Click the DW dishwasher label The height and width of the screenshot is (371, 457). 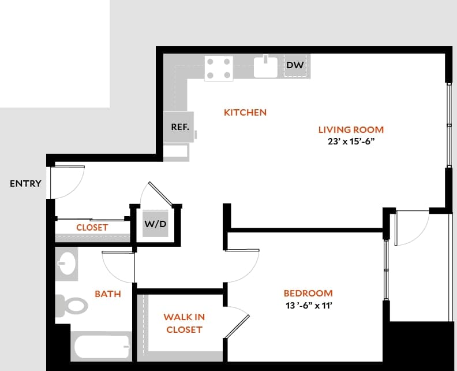click(295, 65)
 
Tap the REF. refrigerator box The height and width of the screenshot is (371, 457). click(179, 127)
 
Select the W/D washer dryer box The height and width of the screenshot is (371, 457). click(156, 224)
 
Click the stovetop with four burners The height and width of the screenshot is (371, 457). click(219, 68)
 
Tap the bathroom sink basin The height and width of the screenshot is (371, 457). click(67, 263)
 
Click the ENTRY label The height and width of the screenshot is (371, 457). click(25, 184)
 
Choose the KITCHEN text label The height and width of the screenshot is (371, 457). click(245, 112)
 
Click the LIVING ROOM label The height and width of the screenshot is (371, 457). click(351, 129)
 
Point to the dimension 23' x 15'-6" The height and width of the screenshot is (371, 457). click(351, 141)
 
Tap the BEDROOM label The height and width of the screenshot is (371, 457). click(308, 293)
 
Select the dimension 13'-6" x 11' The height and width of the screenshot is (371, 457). click(308, 305)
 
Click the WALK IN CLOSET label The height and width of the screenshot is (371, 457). click(184, 323)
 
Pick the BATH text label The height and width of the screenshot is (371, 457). click(108, 294)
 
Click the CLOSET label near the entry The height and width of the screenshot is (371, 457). click(92, 227)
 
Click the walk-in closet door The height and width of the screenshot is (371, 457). click(237, 324)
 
